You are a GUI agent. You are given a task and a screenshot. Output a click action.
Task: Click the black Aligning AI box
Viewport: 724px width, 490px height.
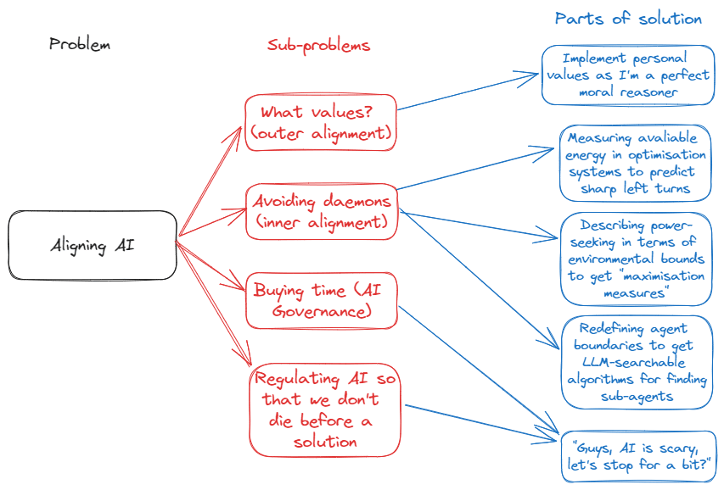[92, 246]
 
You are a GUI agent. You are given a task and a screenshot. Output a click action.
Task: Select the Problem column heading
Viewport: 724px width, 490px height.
[80, 44]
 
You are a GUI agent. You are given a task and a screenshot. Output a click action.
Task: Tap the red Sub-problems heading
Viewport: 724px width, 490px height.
[318, 45]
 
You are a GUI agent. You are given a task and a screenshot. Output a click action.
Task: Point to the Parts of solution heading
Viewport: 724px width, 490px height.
[628, 18]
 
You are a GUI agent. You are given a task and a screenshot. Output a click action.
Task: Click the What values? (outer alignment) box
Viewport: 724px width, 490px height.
[321, 122]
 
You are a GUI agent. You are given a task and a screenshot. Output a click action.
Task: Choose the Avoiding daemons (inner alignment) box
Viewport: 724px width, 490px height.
[322, 212]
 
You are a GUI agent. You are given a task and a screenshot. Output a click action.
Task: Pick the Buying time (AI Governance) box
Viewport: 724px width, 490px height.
[322, 300]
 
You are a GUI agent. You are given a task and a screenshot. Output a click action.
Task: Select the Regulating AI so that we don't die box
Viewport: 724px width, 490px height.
[324, 409]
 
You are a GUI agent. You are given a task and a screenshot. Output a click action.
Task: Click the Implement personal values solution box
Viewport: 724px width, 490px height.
[627, 75]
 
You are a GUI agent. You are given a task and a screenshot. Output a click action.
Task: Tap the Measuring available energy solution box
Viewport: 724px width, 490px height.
[634, 163]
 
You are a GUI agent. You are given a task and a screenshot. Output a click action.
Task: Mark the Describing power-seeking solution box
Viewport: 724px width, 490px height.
[635, 259]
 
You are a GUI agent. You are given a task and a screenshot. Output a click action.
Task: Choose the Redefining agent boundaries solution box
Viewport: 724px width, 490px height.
[635, 362]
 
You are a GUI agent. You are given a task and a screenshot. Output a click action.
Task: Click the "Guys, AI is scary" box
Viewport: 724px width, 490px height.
[638, 456]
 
